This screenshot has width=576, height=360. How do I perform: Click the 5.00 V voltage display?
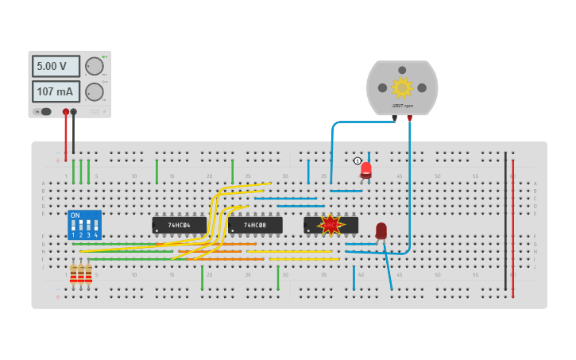coord(56,66)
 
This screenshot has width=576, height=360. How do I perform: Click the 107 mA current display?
coord(56,91)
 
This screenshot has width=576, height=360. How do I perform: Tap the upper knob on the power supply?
coord(94,66)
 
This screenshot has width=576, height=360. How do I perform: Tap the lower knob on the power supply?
coord(94,91)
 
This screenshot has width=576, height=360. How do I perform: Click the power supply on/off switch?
coord(45,112)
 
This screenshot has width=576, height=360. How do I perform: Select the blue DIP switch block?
coord(84,225)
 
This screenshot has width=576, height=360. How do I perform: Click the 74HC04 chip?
coord(179,225)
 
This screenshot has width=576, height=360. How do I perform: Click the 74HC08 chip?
coord(255,225)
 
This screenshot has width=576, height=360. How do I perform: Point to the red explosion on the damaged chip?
coord(330,225)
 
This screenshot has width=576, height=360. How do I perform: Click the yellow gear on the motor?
coord(402,87)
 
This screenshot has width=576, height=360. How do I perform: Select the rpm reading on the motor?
coord(402,106)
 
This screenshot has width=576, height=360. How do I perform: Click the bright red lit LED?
coord(365,168)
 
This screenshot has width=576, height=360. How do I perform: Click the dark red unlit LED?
coord(381,230)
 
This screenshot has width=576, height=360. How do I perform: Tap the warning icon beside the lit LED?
coord(358,161)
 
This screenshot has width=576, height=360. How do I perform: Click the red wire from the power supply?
coord(66,135)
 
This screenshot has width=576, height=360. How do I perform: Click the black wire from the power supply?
coord(73,135)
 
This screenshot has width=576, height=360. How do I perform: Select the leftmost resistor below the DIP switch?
coord(73,274)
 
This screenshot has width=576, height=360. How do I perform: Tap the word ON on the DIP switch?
coord(75,215)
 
